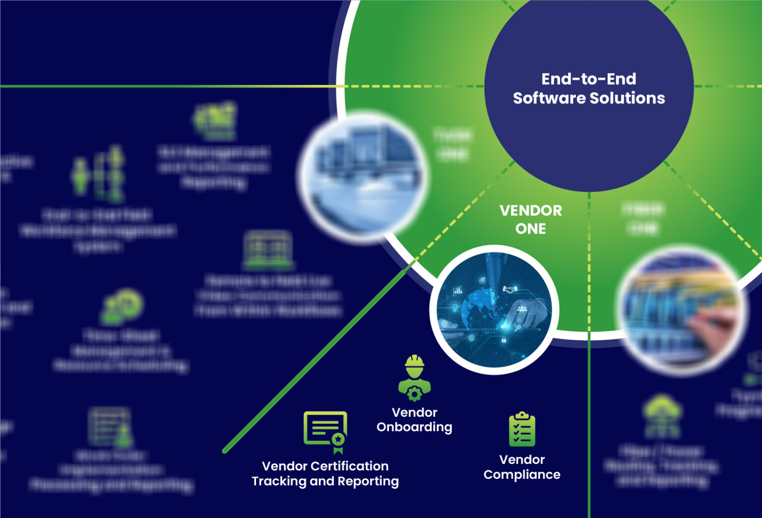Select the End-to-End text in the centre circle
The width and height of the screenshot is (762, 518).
coord(588,79)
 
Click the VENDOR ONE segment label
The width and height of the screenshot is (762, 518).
coord(530,220)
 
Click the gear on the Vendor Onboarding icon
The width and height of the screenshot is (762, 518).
coord(414,394)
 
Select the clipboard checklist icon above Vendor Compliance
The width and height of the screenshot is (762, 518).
coord(522,430)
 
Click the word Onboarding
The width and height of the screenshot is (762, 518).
coord(414,427)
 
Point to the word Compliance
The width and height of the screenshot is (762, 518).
coord(522,475)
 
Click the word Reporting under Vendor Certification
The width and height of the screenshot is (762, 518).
coord(368,481)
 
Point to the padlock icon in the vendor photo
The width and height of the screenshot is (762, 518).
coord(504,340)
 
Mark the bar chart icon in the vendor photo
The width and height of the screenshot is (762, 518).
coord(458,290)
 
